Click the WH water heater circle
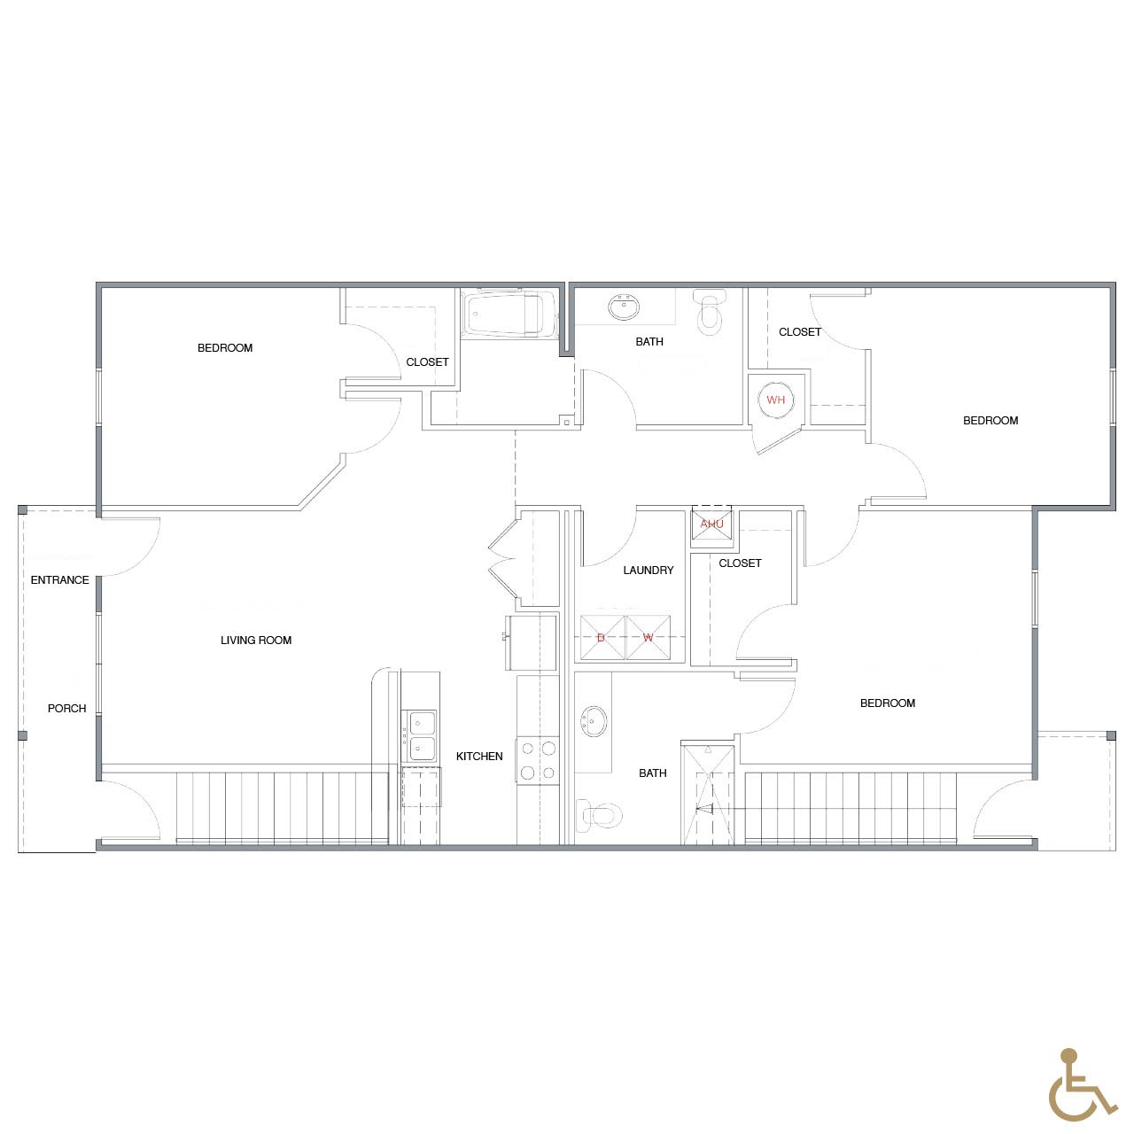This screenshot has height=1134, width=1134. pyautogui.click(x=775, y=400)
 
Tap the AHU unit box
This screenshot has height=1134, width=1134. pyautogui.click(x=712, y=524)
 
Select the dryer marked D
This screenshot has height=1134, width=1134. pyautogui.click(x=602, y=638)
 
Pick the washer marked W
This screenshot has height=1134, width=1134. pyautogui.click(x=648, y=638)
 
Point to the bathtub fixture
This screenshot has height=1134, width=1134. pyautogui.click(x=509, y=314)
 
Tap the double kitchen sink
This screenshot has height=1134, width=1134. pyautogui.click(x=420, y=735)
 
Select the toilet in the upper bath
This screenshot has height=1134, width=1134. pyautogui.click(x=709, y=312)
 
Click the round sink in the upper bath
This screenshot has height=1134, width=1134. pyautogui.click(x=624, y=307)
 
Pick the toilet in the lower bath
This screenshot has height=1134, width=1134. pyautogui.click(x=599, y=815)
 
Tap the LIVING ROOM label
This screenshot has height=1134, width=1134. pyautogui.click(x=256, y=641)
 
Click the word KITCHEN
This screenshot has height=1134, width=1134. pyautogui.click(x=479, y=757)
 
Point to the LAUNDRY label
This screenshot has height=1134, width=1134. pyautogui.click(x=649, y=571)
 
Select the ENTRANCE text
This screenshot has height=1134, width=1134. pyautogui.click(x=60, y=580)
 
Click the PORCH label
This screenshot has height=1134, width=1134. pyautogui.click(x=67, y=709)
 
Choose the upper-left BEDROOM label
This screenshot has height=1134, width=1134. pyautogui.click(x=225, y=348)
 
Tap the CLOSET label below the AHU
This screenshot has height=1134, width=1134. pyautogui.click(x=741, y=563)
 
